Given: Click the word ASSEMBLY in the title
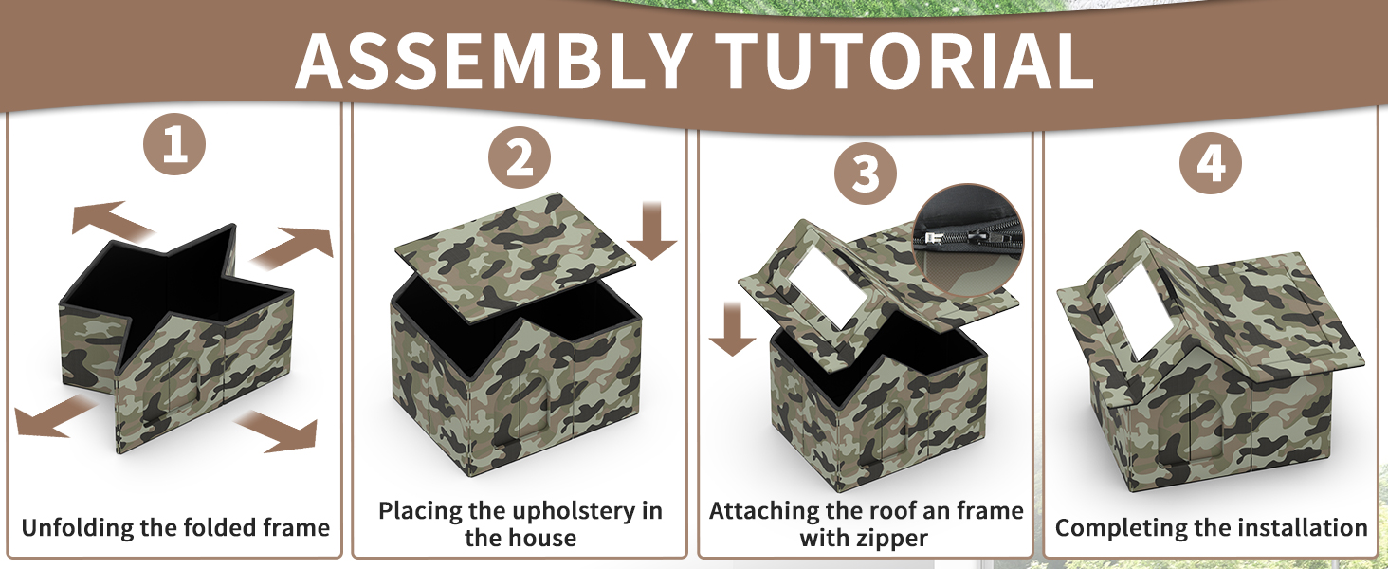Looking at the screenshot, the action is click(494, 62).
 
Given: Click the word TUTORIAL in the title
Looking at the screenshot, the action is click(904, 62).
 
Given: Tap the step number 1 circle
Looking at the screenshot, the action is click(174, 144).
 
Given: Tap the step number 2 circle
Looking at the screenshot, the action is click(520, 157).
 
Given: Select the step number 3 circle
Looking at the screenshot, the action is click(865, 173).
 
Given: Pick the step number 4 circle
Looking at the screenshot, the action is click(1210, 163).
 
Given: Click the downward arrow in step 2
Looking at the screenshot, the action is click(652, 229).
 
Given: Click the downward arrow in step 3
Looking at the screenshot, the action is click(733, 328).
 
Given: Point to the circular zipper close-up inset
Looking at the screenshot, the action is click(968, 239).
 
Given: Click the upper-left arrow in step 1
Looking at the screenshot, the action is click(112, 220).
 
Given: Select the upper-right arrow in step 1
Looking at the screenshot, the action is click(292, 247).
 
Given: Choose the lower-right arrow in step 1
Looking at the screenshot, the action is click(276, 431).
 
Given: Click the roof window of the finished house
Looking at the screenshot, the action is click(1138, 316).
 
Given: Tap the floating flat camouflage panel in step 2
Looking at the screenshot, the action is click(515, 255).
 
